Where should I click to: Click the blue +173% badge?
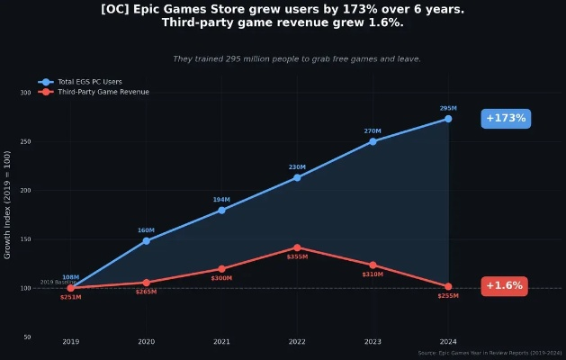[505, 119]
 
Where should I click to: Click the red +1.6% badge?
[504, 286]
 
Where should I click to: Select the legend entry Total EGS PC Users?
[89, 82]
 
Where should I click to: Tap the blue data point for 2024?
[448, 119]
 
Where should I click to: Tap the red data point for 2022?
[297, 247]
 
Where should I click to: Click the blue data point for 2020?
[146, 241]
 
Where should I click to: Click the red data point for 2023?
[373, 265]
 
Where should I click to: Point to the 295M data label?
[448, 108]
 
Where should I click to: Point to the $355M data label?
[297, 257]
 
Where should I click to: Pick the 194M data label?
[221, 200]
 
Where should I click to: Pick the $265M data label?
[146, 292]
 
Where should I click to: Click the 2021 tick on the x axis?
[221, 342]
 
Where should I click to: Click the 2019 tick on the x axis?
[70, 342]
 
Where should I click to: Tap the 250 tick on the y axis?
[25, 141]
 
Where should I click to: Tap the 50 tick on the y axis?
[27, 337]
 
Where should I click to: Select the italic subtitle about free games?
[297, 59]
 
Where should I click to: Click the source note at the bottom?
[490, 353]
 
